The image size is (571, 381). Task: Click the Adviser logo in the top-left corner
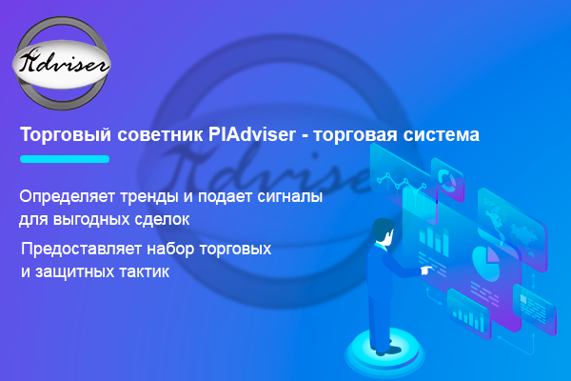click(62, 64)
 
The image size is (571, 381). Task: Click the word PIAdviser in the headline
click(252, 134)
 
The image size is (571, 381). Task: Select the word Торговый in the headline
click(66, 135)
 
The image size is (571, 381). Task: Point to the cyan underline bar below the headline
click(65, 159)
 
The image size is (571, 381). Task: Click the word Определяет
click(68, 197)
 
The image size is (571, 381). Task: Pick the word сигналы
click(290, 197)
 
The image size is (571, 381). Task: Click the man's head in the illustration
click(384, 231)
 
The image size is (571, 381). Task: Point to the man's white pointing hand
click(425, 271)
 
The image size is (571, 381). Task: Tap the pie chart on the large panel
click(486, 262)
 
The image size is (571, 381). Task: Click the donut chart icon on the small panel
click(447, 179)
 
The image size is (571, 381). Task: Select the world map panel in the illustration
click(512, 230)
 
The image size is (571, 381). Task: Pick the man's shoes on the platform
click(387, 350)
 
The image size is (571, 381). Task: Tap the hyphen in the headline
click(305, 136)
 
